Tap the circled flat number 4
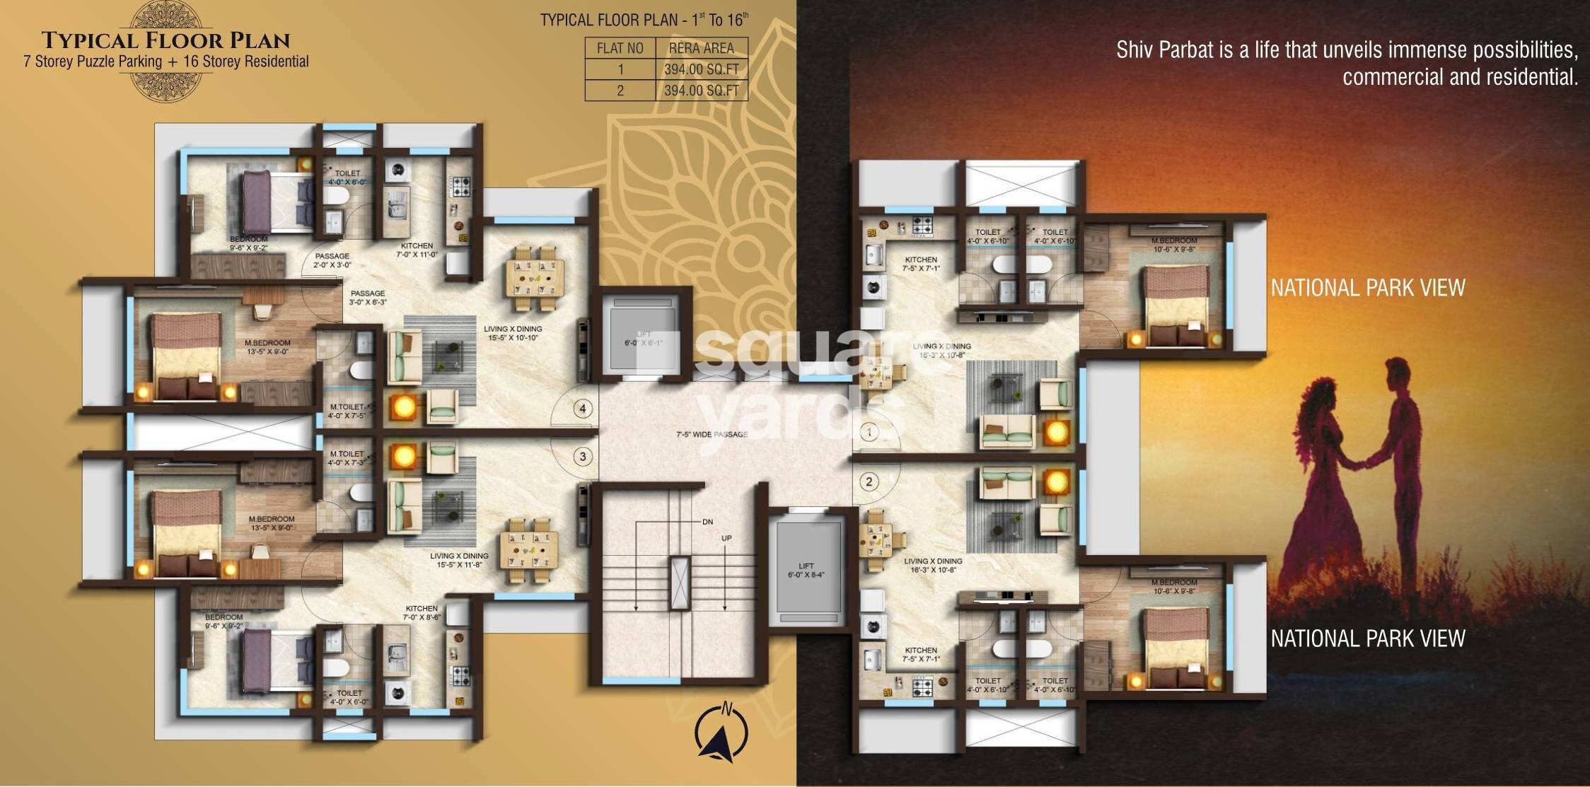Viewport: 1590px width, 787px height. coord(583,409)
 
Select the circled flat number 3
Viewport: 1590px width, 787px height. coord(583,457)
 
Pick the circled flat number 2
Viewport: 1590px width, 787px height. coord(869,482)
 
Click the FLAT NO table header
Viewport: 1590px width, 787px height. coord(620,48)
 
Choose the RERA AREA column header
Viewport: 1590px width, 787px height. coord(701,48)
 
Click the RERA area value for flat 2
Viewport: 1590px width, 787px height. coord(701,91)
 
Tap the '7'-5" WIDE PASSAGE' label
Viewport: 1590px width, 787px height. coord(712,434)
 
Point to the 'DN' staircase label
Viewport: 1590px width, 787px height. coord(707,522)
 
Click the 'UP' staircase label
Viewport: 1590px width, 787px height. coord(726,538)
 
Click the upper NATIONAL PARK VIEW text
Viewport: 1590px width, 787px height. coord(1367,288)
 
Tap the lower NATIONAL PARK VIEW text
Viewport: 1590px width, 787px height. coord(1367,639)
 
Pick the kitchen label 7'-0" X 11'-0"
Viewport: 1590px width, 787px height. coord(417,250)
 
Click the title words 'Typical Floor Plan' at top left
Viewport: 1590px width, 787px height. coord(166,40)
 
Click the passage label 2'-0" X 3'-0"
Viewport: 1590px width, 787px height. coord(332,260)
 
